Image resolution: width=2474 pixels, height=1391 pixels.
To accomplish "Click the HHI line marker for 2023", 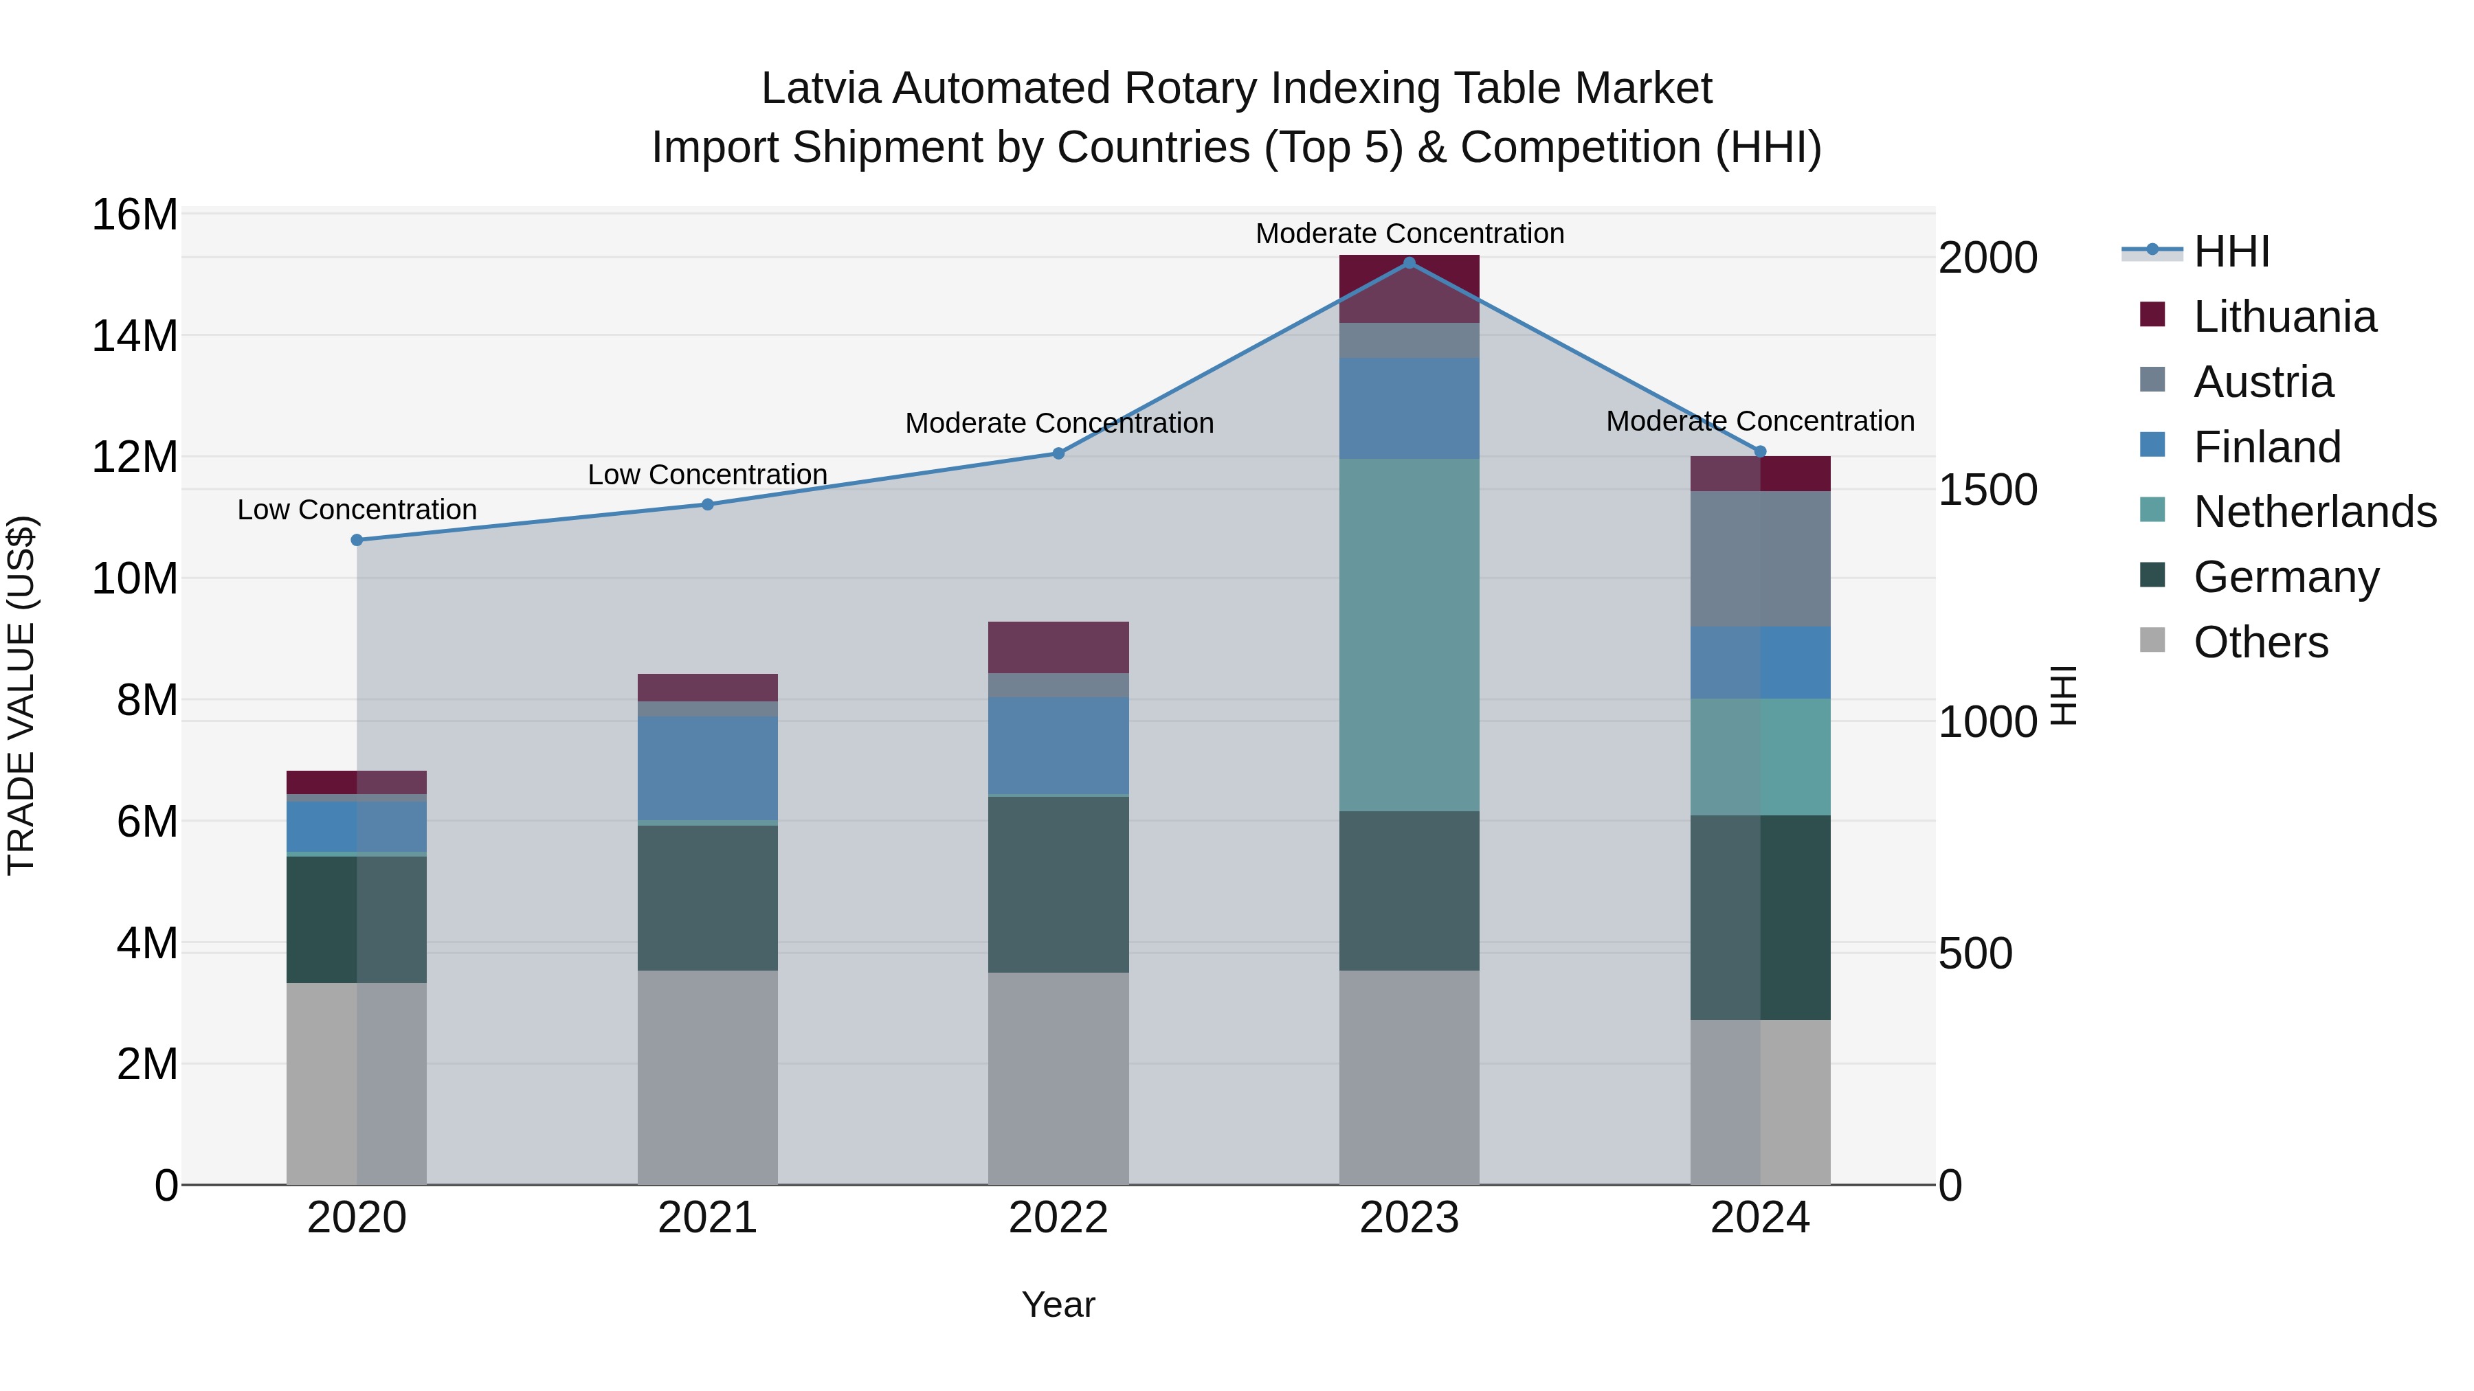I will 1409,262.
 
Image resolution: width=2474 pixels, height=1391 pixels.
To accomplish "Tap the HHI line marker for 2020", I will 357,539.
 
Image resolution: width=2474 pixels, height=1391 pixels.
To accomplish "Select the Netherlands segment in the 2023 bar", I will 1409,633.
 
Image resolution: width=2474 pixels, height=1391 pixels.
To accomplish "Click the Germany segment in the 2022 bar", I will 1058,883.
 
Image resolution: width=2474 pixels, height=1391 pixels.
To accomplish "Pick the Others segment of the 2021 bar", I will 708,1077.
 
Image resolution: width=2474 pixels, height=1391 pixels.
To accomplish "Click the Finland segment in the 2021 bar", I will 708,768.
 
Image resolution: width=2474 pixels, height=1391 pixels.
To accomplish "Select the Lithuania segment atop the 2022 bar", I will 1058,647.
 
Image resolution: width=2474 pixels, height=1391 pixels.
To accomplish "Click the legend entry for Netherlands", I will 2315,512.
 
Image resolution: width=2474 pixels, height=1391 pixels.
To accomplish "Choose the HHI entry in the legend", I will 2231,251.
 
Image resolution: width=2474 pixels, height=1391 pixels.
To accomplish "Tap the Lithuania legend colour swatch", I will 2153,315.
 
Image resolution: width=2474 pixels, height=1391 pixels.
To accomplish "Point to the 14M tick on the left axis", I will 135,336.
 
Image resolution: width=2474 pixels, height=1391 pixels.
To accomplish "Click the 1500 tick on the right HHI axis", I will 1987,490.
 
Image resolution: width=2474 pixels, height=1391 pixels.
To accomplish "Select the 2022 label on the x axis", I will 1058,1218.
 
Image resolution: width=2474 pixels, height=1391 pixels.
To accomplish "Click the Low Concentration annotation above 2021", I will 708,474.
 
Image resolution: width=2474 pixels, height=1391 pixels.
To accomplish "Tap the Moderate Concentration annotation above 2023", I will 1409,234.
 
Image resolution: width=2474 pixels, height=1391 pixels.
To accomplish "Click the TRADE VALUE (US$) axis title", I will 21,695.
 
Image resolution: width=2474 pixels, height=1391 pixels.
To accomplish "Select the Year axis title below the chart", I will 1058,1304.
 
